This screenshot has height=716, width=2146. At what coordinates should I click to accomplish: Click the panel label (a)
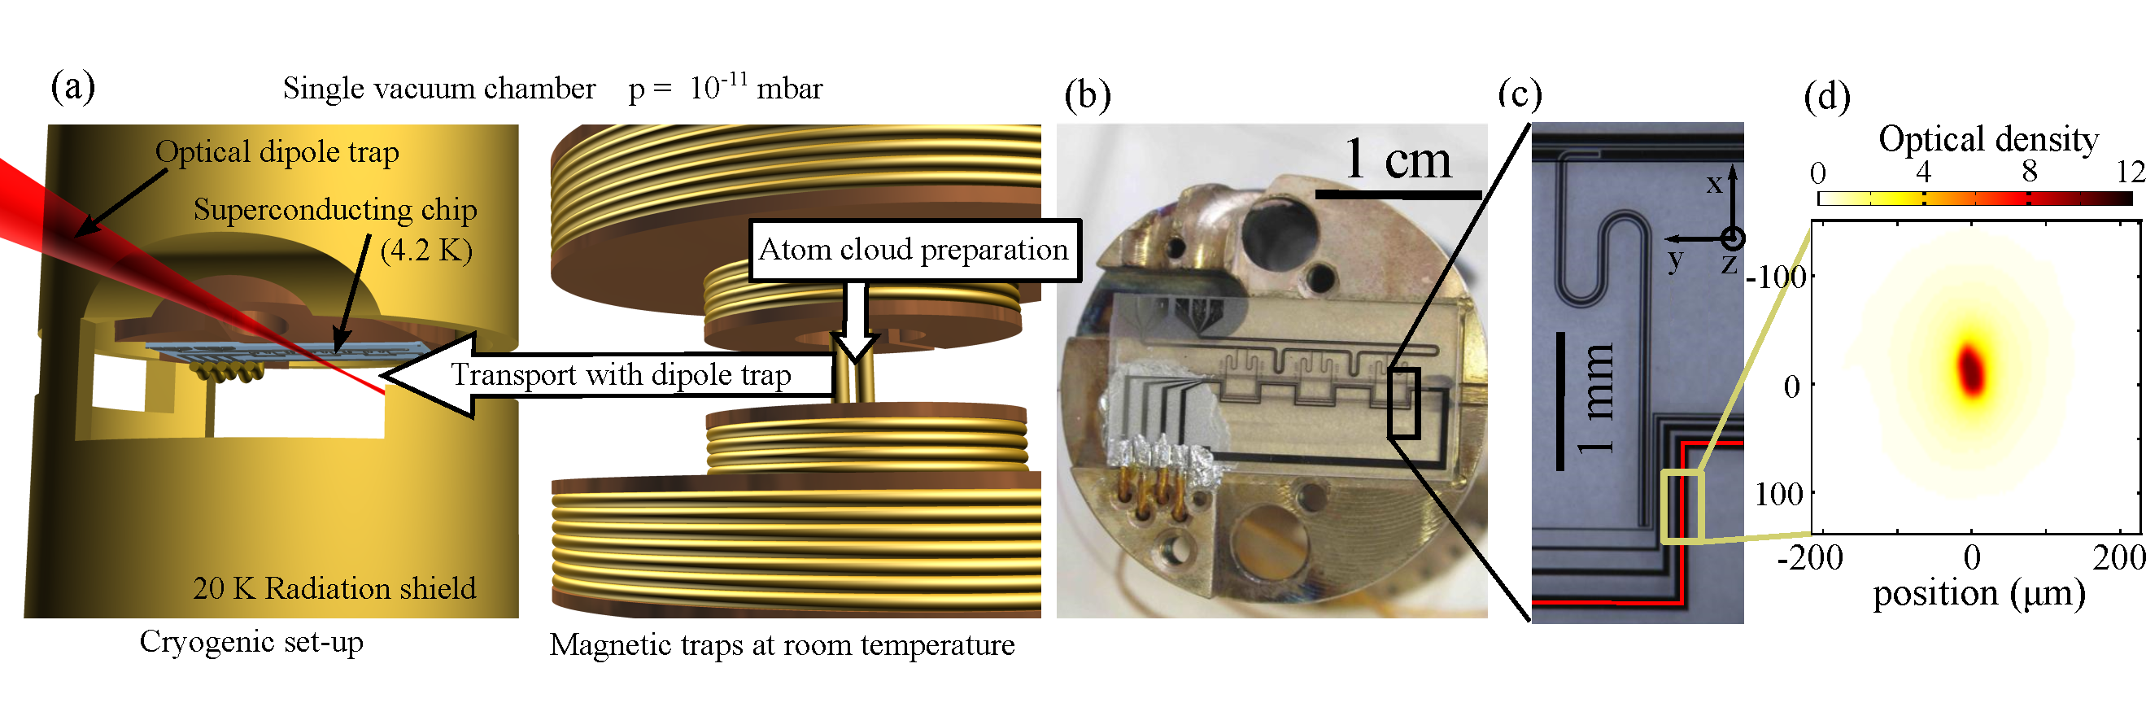click(x=72, y=87)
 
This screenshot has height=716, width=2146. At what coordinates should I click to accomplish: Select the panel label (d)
click(x=1826, y=97)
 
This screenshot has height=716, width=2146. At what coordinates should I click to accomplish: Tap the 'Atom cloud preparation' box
click(x=914, y=250)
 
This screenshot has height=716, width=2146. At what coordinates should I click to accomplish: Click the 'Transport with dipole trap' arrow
click(x=608, y=375)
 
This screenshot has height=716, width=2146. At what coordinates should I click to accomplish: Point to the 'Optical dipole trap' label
click(x=277, y=152)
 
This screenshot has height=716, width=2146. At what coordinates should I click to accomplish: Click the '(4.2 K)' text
click(x=425, y=250)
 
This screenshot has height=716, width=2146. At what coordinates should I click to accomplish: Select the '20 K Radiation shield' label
click(x=334, y=588)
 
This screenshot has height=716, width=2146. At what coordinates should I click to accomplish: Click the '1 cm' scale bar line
click(x=1397, y=195)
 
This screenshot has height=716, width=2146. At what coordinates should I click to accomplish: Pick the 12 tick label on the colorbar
click(x=2130, y=172)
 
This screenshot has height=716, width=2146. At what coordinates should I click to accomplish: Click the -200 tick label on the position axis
click(x=1809, y=557)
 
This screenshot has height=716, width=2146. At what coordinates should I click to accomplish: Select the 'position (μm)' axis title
click(x=1978, y=593)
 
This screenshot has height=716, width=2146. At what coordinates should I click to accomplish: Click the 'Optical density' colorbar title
click(x=1987, y=139)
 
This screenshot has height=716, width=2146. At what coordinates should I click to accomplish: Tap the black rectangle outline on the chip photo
click(x=1403, y=404)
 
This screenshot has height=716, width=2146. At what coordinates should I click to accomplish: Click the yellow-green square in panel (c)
click(x=1682, y=507)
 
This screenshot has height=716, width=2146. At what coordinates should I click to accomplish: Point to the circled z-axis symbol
click(x=1733, y=239)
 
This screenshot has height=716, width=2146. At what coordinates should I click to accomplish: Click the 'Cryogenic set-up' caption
click(x=251, y=642)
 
